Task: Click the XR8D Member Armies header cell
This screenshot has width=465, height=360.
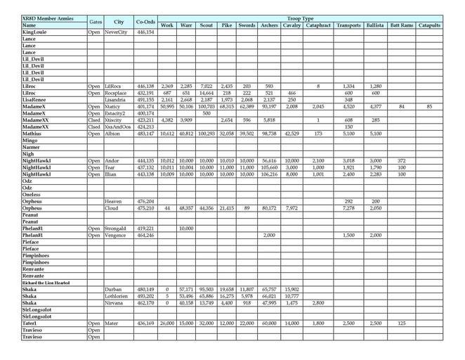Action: coord(44,18)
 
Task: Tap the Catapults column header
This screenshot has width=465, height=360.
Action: coord(428,25)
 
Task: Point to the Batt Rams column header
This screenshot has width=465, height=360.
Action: coord(402,25)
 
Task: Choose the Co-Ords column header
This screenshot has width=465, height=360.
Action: coord(145,22)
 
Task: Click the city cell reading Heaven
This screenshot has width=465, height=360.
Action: coord(114,202)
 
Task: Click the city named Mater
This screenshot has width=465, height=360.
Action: coord(112,323)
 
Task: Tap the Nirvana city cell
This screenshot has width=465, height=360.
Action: coord(115,302)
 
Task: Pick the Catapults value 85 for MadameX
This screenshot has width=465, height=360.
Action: coord(429,106)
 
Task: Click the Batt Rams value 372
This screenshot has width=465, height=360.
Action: coord(402,160)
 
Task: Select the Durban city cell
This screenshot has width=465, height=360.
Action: coord(113,289)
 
